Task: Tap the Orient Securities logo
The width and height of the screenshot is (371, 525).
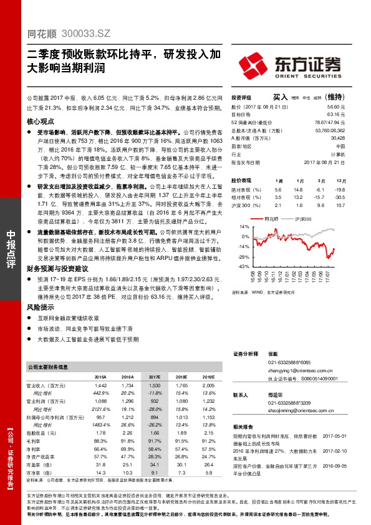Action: [x=288, y=65]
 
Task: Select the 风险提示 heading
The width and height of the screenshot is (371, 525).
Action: [x=41, y=307]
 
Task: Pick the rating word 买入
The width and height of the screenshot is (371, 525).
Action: [x=280, y=97]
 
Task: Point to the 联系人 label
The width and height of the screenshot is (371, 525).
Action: [x=241, y=395]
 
